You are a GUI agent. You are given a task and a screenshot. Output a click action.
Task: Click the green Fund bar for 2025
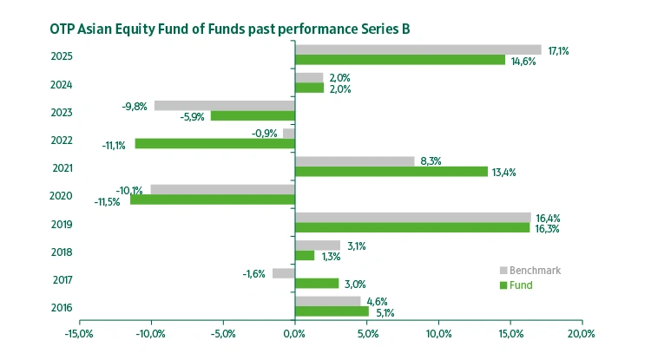click(399, 60)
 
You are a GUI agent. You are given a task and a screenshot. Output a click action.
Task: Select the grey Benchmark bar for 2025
click(418, 49)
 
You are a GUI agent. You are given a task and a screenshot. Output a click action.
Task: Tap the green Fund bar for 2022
click(214, 143)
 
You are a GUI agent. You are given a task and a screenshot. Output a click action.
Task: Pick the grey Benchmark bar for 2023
click(224, 105)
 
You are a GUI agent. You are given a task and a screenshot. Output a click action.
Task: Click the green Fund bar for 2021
click(391, 171)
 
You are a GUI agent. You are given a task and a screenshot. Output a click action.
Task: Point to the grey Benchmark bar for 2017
click(283, 272)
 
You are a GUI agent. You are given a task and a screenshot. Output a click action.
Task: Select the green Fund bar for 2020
click(212, 200)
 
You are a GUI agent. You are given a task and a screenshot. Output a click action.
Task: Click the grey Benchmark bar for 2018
click(317, 245)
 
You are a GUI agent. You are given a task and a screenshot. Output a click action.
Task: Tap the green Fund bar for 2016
click(332, 311)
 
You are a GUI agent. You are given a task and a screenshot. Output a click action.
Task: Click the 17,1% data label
click(557, 50)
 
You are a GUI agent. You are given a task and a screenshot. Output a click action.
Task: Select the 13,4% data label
click(503, 172)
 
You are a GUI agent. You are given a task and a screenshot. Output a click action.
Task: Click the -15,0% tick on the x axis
click(79, 332)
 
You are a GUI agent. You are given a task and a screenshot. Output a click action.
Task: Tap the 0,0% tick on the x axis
click(295, 332)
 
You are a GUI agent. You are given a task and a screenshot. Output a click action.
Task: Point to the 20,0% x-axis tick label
click(581, 332)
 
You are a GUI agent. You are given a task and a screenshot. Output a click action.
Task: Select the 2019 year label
click(61, 224)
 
